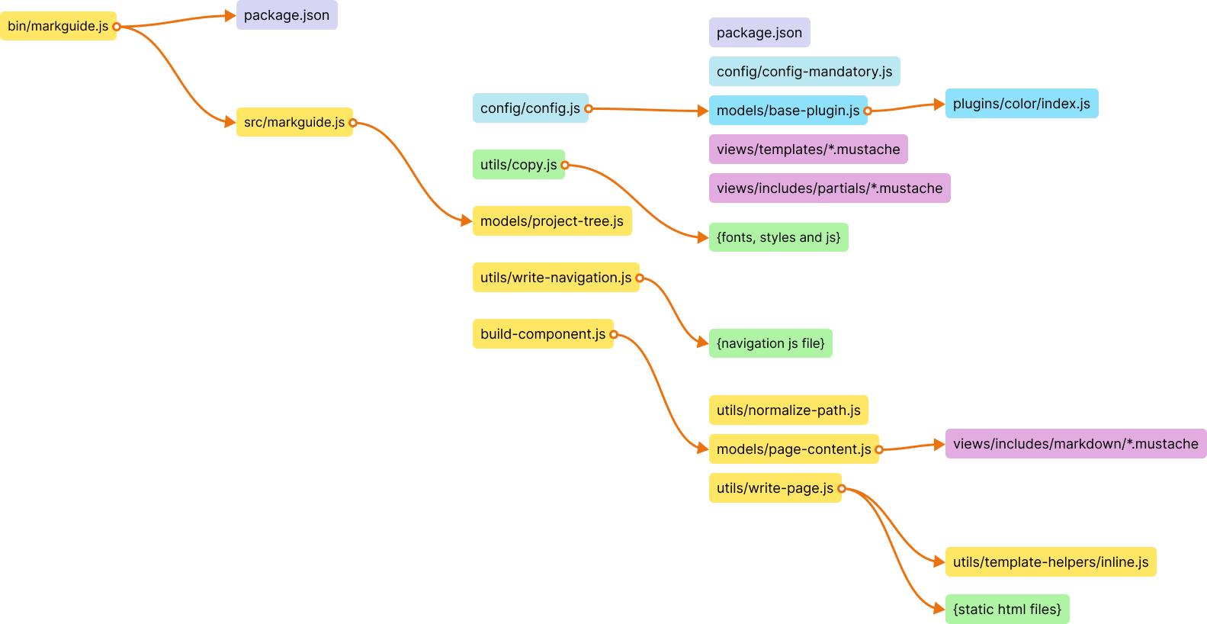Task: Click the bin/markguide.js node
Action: coord(58,26)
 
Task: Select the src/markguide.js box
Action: coord(294,122)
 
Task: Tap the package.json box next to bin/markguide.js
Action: coord(287,15)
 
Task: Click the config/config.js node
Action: coord(530,108)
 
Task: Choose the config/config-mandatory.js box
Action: coord(804,72)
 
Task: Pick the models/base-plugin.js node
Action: coord(788,111)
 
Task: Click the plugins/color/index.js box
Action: coord(1022,104)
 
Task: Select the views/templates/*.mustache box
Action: coord(808,150)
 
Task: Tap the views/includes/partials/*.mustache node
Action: coord(830,188)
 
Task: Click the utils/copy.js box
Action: coord(518,165)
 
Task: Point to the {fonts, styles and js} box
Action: coord(778,237)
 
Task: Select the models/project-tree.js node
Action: coord(552,221)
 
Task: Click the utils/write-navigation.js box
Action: coord(556,278)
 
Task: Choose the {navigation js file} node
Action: coord(771,343)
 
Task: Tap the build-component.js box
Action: coord(543,334)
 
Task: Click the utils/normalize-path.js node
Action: coord(788,410)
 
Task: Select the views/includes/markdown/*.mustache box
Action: coord(1076,444)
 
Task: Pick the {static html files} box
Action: coord(1007,610)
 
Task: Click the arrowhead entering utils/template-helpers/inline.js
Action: coord(939,562)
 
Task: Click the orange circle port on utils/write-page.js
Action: coord(842,488)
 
